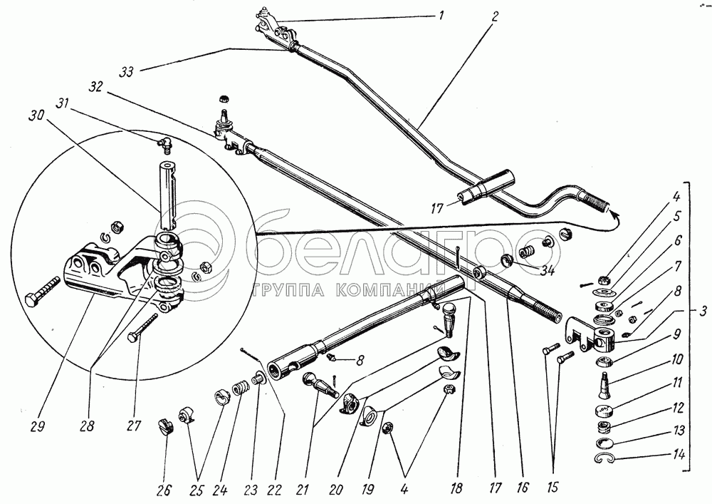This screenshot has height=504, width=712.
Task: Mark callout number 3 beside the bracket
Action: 703,311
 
